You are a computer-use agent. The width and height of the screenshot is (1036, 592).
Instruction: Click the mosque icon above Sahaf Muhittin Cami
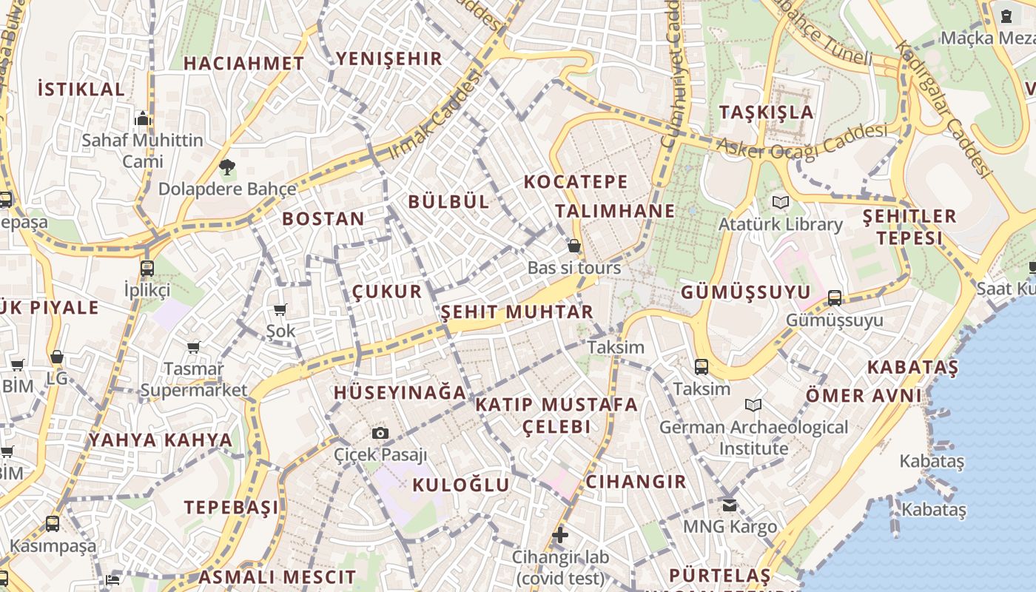click(x=143, y=118)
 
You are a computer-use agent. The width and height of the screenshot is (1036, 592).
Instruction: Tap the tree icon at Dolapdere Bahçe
click(x=227, y=168)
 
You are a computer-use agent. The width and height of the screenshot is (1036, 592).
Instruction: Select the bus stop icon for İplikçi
click(x=147, y=268)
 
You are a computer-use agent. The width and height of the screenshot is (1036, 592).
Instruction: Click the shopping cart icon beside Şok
click(x=280, y=310)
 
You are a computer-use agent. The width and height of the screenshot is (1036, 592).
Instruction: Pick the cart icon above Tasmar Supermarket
click(x=194, y=347)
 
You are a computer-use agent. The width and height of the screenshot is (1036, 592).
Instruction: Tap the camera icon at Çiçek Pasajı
click(x=380, y=433)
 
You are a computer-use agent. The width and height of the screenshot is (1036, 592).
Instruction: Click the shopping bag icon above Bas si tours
click(x=574, y=246)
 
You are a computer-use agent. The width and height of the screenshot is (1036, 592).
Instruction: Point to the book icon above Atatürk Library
click(x=780, y=202)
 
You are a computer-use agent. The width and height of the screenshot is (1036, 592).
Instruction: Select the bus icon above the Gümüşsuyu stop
click(x=835, y=298)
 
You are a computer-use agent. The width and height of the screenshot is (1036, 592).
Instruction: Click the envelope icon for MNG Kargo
click(x=730, y=505)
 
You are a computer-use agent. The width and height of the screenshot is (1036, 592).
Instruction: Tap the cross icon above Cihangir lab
click(x=560, y=535)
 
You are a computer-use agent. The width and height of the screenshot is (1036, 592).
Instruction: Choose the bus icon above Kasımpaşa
click(x=53, y=524)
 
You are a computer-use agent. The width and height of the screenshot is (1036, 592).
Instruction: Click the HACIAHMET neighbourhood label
click(x=243, y=64)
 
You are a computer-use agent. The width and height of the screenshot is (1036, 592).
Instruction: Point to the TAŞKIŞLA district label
click(x=766, y=112)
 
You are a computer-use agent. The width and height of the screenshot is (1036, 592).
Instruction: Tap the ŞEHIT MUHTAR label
click(x=517, y=312)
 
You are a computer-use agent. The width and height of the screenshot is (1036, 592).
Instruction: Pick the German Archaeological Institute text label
click(x=753, y=437)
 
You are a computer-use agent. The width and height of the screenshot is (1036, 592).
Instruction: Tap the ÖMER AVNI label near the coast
click(x=864, y=395)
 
